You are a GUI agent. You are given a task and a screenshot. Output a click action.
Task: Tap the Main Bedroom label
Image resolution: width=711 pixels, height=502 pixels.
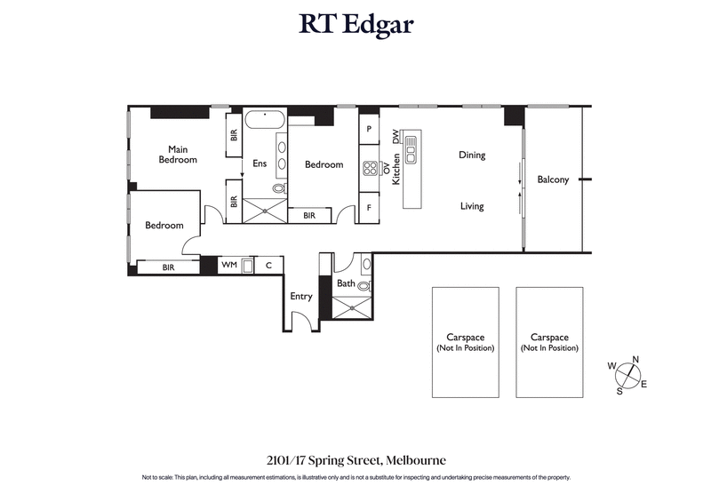tap(178, 154)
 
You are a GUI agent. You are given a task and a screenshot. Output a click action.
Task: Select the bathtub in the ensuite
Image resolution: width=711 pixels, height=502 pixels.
tap(264, 120)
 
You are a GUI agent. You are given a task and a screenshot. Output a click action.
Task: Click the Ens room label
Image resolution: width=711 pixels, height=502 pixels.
tap(260, 163)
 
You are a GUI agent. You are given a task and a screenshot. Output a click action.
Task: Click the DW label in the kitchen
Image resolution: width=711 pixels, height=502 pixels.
tap(395, 137)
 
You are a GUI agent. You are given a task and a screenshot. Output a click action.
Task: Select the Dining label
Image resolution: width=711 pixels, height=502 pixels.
tap(472, 155)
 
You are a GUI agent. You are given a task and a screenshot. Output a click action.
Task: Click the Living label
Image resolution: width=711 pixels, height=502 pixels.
tap(472, 206)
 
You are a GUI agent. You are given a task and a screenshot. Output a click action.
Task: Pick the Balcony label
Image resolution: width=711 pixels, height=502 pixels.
tap(553, 179)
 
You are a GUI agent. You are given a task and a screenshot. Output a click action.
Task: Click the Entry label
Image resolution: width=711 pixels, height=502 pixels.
tap(301, 296)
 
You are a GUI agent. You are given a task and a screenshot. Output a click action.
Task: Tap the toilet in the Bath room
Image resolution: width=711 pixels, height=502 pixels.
tap(364, 286)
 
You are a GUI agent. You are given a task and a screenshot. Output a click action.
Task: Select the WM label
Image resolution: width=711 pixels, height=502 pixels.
tap(228, 265)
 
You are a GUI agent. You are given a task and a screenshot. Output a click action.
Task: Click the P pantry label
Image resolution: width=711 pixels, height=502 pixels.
tap(369, 129)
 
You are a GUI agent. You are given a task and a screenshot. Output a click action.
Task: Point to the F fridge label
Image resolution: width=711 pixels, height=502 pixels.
tap(369, 208)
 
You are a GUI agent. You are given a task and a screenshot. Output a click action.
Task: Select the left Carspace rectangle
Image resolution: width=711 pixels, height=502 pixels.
tap(465, 342)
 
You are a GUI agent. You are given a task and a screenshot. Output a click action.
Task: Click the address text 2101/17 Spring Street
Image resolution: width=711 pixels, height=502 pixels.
tap(355, 460)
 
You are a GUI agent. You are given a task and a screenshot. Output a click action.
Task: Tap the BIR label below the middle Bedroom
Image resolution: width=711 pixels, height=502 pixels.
tap(309, 215)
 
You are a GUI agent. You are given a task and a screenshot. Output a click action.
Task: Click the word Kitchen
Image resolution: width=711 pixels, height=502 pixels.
tap(396, 169)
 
